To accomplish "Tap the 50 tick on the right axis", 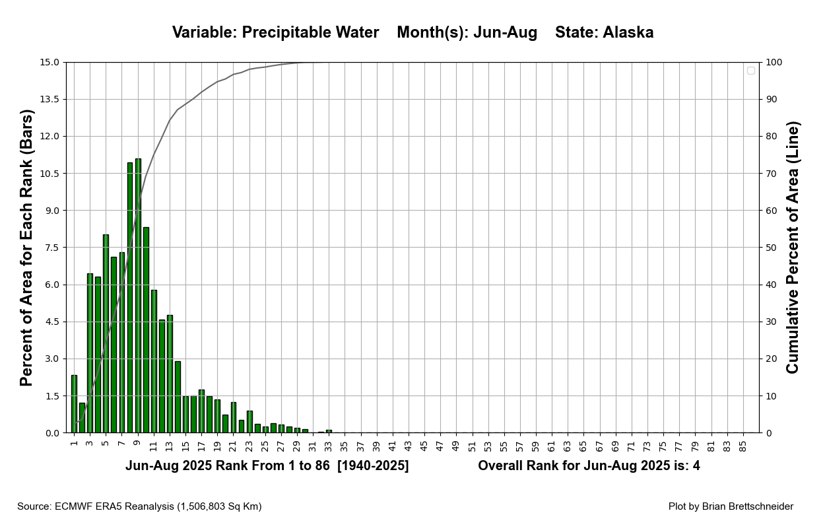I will tap(772, 248).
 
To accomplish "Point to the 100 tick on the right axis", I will tap(774, 63).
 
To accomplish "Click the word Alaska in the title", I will tap(628, 32).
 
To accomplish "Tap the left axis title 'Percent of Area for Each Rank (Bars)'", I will tap(26, 248).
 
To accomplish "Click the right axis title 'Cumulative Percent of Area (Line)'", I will tap(793, 248).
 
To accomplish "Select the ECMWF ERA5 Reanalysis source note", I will tap(139, 506).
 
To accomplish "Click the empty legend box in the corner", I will tap(750, 71).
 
